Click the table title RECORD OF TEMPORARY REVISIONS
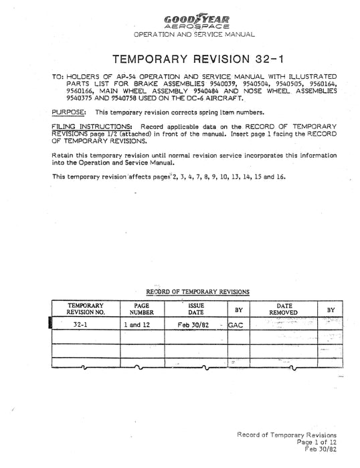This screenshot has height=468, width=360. tap(193, 292)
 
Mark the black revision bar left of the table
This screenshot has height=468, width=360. tap(51, 324)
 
